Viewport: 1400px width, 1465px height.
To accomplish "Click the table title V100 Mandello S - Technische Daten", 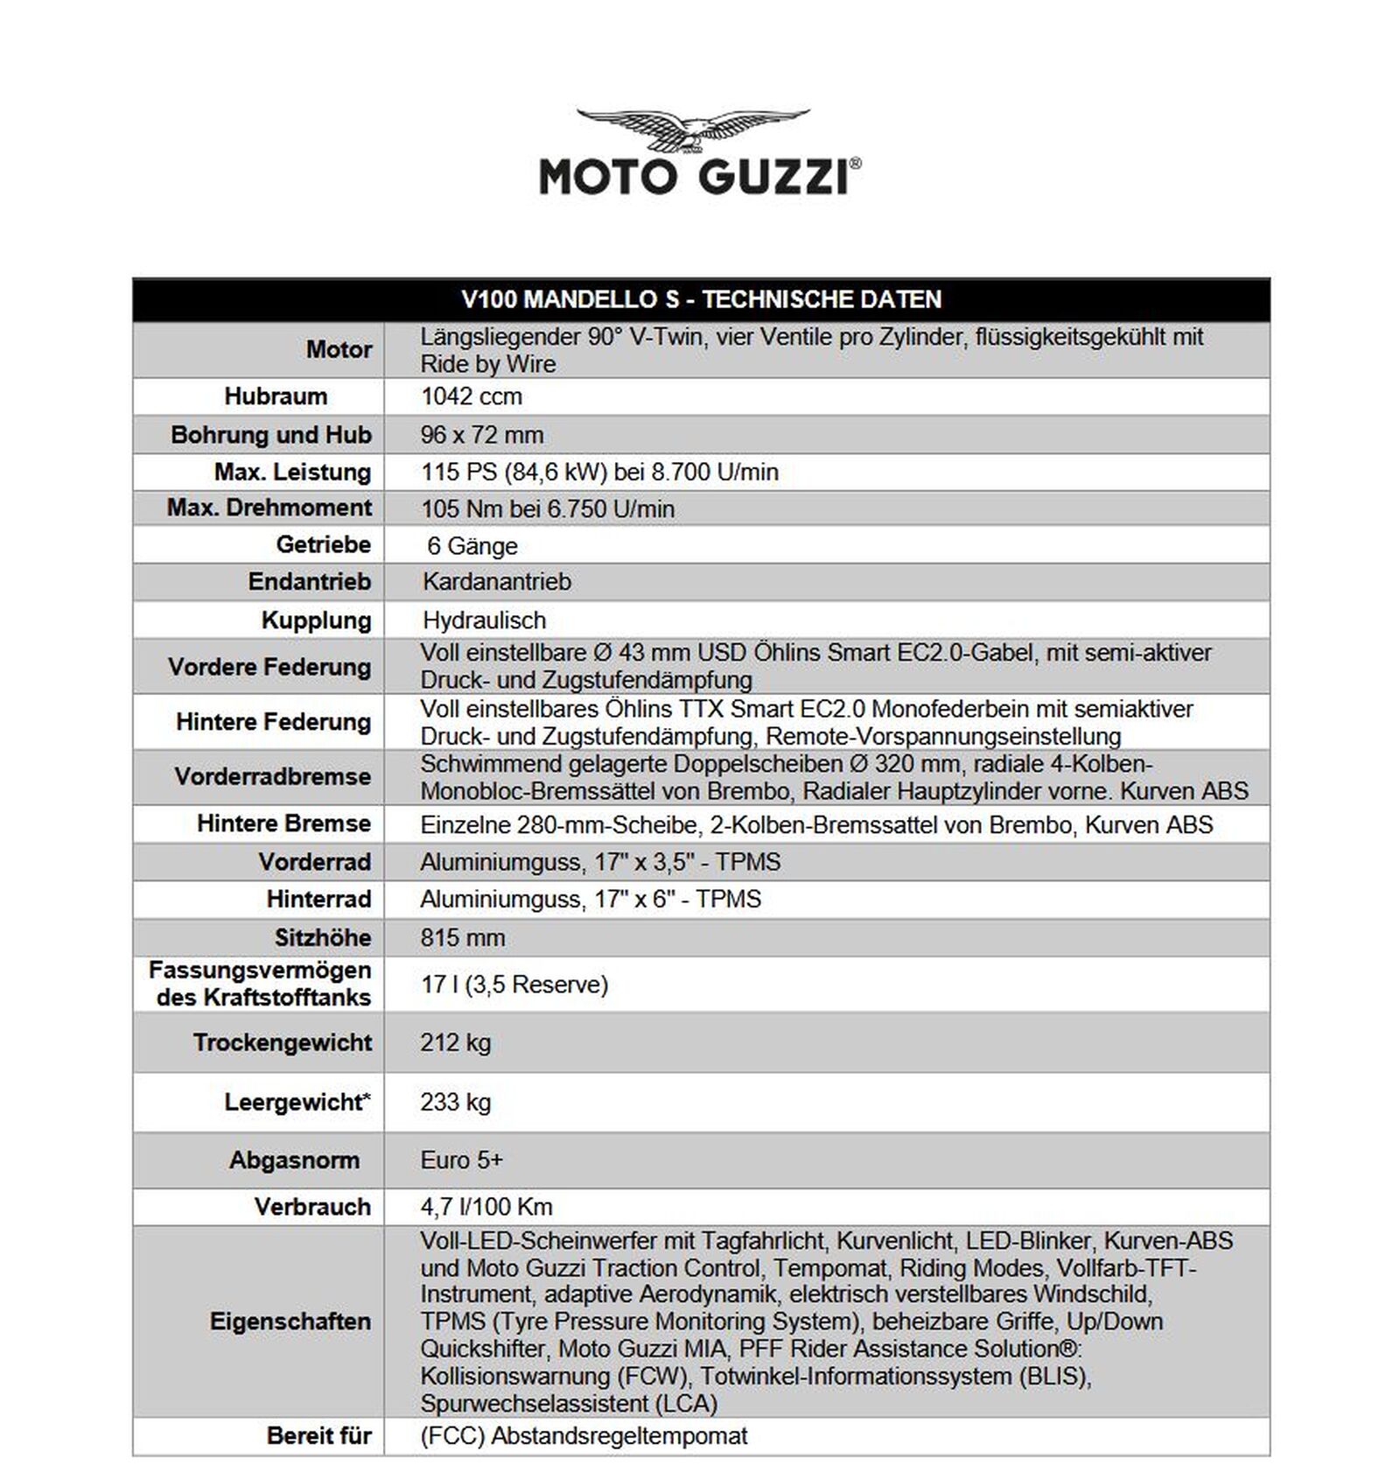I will click(x=701, y=300).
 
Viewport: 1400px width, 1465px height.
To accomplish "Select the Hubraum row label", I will click(x=276, y=396).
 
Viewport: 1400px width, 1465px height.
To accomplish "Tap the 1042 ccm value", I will click(x=472, y=396).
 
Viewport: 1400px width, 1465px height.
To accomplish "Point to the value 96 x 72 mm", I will click(x=482, y=435).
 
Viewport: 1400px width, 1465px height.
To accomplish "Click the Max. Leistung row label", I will click(x=292, y=473).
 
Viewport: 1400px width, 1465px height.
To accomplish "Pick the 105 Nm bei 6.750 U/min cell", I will click(x=548, y=509).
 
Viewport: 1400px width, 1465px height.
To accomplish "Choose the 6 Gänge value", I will click(x=472, y=546).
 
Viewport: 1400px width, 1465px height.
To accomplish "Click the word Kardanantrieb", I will click(x=496, y=582).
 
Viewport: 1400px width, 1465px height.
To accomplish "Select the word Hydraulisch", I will click(x=484, y=620).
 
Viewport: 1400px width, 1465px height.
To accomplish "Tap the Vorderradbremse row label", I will click(x=272, y=777).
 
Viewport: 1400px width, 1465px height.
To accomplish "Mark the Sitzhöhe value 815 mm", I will click(x=463, y=938).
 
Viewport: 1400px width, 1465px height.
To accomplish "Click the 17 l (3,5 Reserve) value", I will click(x=514, y=985).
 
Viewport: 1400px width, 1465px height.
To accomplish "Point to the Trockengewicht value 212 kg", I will click(x=456, y=1043).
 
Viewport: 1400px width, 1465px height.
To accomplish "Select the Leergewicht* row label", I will click(x=297, y=1102).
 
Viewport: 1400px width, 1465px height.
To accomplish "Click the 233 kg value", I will click(x=456, y=1102).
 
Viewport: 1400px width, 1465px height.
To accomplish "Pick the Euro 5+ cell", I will click(x=462, y=1160).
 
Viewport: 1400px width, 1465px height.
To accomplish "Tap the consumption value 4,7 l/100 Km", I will click(x=486, y=1208).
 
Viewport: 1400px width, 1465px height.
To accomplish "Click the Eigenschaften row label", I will click(x=290, y=1321).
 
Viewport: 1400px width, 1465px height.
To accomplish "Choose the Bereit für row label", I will click(x=318, y=1436).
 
